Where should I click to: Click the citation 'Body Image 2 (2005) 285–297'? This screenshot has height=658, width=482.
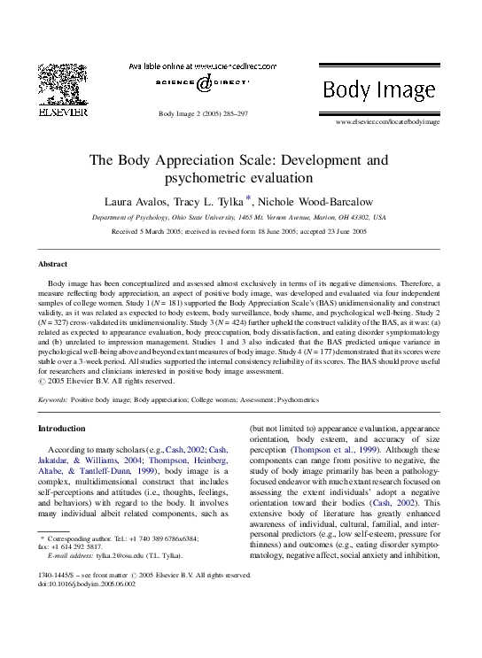pos(202,114)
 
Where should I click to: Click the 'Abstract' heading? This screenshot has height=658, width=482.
pos(52,265)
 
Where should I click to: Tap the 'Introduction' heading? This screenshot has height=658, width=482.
pos(62,428)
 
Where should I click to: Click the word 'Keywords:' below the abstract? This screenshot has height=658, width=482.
pos(52,400)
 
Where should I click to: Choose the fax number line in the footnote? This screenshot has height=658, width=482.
pos(73,546)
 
